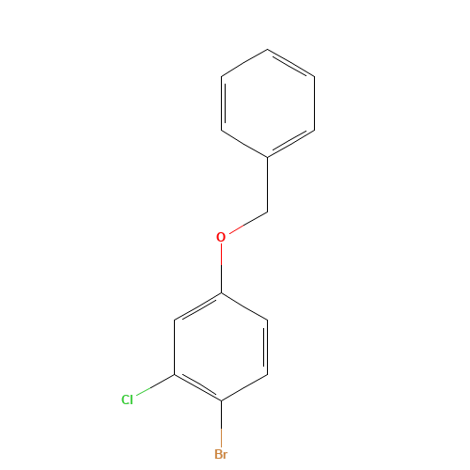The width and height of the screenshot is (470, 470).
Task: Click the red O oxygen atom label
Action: [x=221, y=237]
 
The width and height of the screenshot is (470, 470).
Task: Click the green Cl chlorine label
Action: [x=127, y=399]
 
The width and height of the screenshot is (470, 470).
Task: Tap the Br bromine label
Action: [x=221, y=455]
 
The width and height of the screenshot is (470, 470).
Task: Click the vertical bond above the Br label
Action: [x=221, y=424]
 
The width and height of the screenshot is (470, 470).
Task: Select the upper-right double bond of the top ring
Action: [x=291, y=62]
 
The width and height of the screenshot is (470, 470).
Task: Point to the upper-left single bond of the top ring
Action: [x=244, y=62]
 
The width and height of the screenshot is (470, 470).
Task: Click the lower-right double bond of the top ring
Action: [x=291, y=143]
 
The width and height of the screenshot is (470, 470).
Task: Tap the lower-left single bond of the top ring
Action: [x=244, y=143]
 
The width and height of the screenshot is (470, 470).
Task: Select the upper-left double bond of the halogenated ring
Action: [x=197, y=306]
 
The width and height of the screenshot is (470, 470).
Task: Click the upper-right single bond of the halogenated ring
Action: [x=244, y=306]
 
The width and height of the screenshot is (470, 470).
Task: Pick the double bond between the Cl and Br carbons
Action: [x=197, y=388]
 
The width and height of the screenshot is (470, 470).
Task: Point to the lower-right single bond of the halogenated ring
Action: [x=244, y=388]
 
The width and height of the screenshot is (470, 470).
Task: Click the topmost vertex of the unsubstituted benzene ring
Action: [x=268, y=49]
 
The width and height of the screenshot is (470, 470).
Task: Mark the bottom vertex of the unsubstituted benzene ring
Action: [x=268, y=156]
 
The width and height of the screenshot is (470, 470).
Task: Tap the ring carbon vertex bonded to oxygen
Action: [x=221, y=293]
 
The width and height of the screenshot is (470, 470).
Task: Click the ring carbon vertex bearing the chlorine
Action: [x=175, y=376]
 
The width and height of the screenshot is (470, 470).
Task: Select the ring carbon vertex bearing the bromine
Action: [x=221, y=401]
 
